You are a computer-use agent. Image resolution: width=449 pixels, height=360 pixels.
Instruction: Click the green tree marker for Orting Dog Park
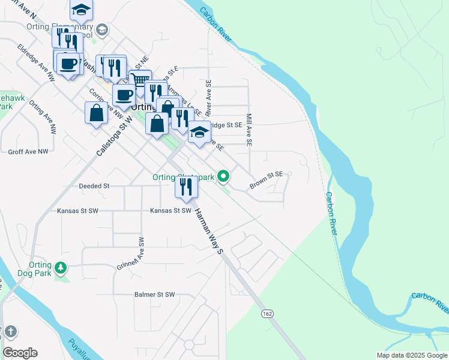pyautogui.click(x=61, y=268)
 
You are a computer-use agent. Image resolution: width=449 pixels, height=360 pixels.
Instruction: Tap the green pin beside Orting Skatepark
pyautogui.click(x=224, y=176)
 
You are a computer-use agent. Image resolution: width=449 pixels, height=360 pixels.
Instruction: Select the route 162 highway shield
pyautogui.click(x=267, y=313)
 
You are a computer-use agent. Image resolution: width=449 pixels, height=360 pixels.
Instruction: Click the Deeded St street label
pyautogui.click(x=94, y=187)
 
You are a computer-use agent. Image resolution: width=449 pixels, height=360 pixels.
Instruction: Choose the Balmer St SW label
pyautogui.click(x=154, y=295)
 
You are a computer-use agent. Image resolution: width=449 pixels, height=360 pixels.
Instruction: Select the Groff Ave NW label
pyautogui.click(x=28, y=152)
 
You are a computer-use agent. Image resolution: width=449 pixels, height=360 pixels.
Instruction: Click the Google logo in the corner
pyautogui.click(x=20, y=353)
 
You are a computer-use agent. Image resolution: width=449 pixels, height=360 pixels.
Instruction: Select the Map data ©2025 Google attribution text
pyautogui.click(x=411, y=355)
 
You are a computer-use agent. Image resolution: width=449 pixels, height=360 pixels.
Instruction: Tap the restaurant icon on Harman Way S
pyautogui.click(x=186, y=187)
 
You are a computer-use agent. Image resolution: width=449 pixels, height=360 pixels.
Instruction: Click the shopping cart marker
pyautogui.click(x=140, y=80)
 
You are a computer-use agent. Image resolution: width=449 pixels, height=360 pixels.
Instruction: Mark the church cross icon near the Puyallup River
pyautogui.click(x=9, y=331)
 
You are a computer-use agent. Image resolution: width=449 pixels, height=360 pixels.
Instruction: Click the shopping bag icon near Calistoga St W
pyautogui.click(x=96, y=112)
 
